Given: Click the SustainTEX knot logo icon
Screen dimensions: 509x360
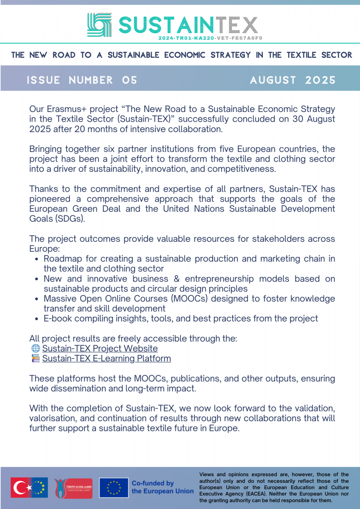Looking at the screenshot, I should pos(99,24).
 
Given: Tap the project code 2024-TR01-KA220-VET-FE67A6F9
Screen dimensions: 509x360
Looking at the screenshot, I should pos(210,38).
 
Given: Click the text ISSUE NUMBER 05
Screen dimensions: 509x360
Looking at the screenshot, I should pos(82,80).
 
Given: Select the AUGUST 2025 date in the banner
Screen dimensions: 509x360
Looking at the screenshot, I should pos(292,80).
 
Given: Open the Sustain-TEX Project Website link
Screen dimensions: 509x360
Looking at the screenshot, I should pos(100,349).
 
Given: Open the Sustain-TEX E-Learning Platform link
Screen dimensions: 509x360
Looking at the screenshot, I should pos(107,358).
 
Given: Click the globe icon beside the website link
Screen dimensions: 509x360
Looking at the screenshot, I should pos(36,349).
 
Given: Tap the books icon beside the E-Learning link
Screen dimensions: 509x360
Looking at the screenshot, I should pos(36,358).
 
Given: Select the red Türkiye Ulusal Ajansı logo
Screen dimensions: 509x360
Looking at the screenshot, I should pos(73,488).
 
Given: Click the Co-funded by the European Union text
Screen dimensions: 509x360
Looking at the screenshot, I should pos(162,487).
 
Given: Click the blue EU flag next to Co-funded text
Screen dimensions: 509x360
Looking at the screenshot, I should pos(114,488).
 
